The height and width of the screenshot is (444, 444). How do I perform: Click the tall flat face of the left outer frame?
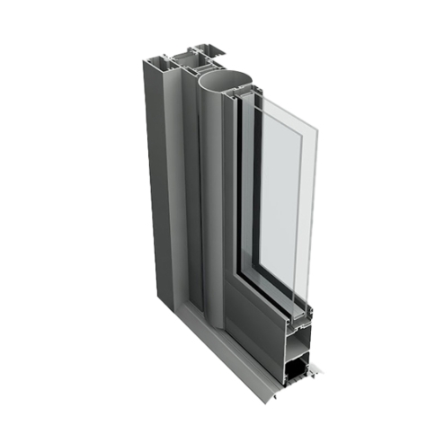click(162, 180)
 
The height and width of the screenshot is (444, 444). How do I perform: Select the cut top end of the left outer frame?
click(162, 61)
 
